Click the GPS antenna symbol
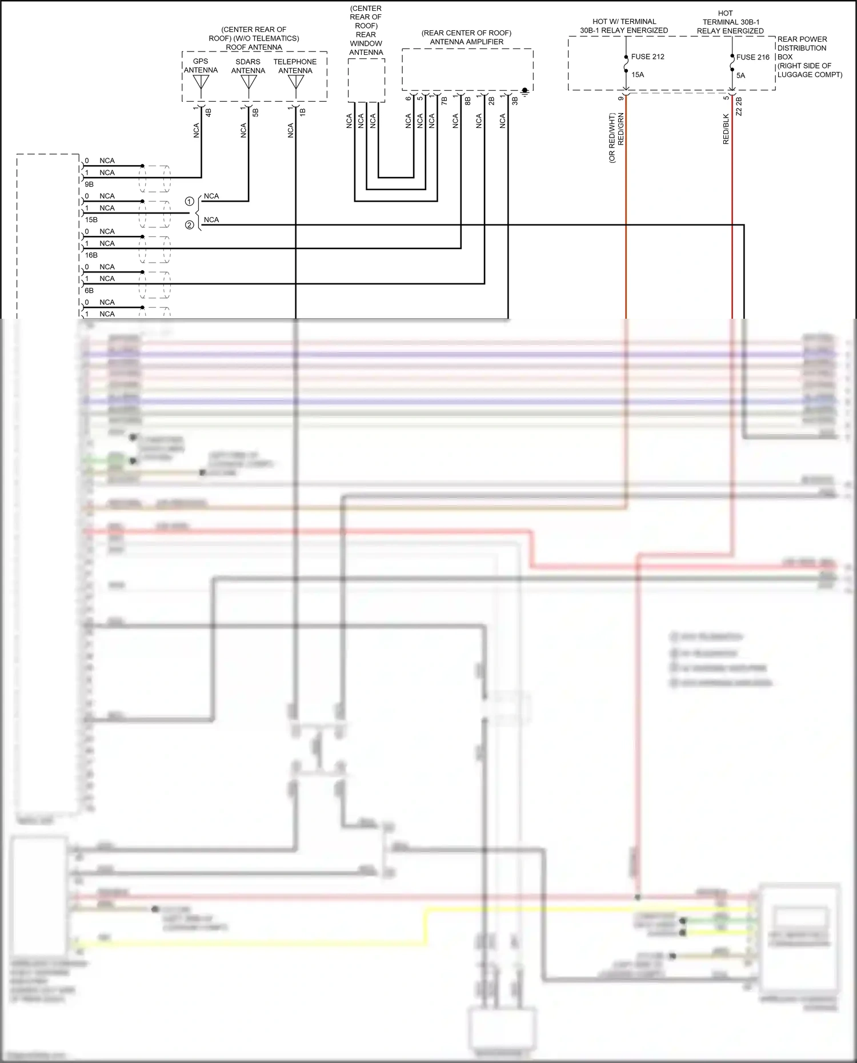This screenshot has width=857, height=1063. (x=201, y=83)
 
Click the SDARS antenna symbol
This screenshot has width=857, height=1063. (x=248, y=83)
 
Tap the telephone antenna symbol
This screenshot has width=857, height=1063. (x=295, y=83)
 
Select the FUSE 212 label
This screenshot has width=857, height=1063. (x=647, y=57)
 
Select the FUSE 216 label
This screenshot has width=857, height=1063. (x=752, y=57)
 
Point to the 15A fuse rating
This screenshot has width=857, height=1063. (x=637, y=75)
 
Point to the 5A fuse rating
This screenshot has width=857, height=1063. (x=740, y=75)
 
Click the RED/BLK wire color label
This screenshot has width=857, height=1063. (x=726, y=129)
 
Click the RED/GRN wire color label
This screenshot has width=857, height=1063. (x=621, y=129)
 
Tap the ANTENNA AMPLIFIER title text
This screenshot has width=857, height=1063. (x=466, y=42)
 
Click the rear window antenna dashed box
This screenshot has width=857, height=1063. (x=366, y=80)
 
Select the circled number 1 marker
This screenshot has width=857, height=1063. (x=189, y=202)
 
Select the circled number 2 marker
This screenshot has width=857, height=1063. (x=189, y=225)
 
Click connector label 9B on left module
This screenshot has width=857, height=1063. (x=89, y=184)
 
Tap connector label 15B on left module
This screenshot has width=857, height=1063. (x=91, y=220)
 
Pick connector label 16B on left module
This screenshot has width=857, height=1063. (x=91, y=255)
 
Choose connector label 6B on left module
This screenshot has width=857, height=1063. (x=89, y=291)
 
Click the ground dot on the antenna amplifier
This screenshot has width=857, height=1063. (x=524, y=90)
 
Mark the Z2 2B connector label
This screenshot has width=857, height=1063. (x=739, y=106)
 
